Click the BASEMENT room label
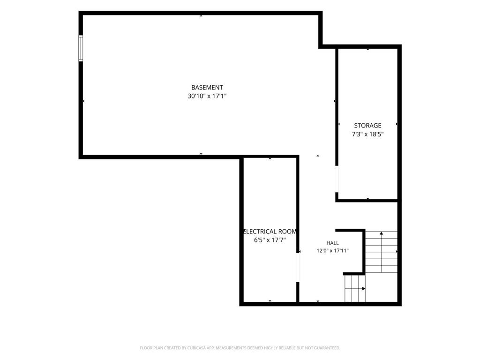[207, 88]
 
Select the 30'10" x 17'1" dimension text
[207, 96]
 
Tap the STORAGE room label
[367, 126]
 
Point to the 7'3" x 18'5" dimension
[367, 134]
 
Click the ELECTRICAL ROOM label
[270, 232]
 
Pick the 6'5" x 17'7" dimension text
[270, 240]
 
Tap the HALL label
[332, 243]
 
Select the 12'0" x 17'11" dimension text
[332, 251]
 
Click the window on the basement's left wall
[81, 48]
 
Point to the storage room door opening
[337, 179]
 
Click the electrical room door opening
[298, 268]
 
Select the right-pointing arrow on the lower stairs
[355, 289]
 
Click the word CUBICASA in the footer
[198, 348]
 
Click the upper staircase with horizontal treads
[382, 252]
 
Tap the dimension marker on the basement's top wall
[201, 15]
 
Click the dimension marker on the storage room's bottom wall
[367, 199]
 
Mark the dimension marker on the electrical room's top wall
[270, 158]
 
